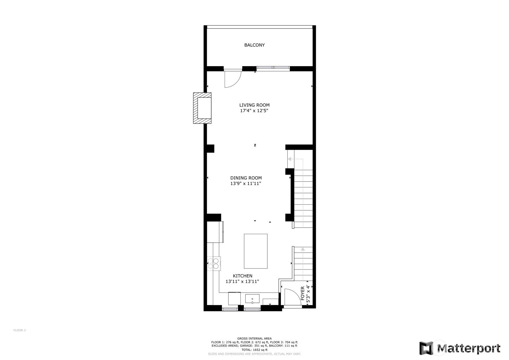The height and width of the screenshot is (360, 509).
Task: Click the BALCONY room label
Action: click(x=254, y=45)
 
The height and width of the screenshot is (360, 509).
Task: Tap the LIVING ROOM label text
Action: click(x=254, y=105)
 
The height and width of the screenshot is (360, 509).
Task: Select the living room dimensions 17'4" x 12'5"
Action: click(x=254, y=111)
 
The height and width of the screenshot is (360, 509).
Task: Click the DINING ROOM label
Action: click(x=246, y=178)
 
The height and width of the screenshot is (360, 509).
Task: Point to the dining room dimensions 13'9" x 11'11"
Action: click(x=246, y=183)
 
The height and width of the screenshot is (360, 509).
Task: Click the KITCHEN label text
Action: click(x=243, y=276)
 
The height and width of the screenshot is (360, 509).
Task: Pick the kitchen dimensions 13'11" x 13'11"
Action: click(x=242, y=281)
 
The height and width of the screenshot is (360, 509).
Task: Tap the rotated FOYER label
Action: click(x=303, y=294)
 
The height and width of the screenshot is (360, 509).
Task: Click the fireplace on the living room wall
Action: click(x=202, y=108)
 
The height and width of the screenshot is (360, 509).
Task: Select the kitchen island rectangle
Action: click(x=256, y=251)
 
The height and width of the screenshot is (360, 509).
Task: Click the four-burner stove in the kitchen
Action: click(x=214, y=264)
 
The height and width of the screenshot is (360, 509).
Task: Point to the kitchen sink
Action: click(x=252, y=299)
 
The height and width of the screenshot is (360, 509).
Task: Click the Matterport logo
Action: click(x=460, y=348)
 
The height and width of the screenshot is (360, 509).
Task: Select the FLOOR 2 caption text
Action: click(x=19, y=330)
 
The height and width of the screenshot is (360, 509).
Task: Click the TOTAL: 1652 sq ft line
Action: click(x=254, y=350)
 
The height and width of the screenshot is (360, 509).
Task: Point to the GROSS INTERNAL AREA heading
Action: click(x=254, y=338)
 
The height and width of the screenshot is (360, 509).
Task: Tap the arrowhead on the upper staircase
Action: click(x=290, y=159)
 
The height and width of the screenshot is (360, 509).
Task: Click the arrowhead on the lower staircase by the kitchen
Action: click(x=303, y=249)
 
